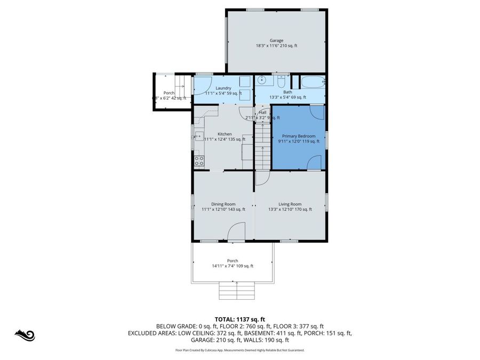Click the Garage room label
(x=276, y=41)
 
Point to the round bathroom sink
(x=261, y=81)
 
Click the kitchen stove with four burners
(x=198, y=159)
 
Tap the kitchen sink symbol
(x=198, y=136)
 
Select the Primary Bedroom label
(x=299, y=136)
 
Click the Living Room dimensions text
(x=290, y=210)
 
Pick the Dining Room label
(x=223, y=204)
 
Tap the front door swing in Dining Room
(x=236, y=233)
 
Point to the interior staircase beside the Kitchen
(x=262, y=144)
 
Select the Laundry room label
(x=223, y=88)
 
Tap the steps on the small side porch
(x=183, y=85)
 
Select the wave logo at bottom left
(x=24, y=335)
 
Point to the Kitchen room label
(x=225, y=134)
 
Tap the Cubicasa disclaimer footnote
(x=239, y=350)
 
